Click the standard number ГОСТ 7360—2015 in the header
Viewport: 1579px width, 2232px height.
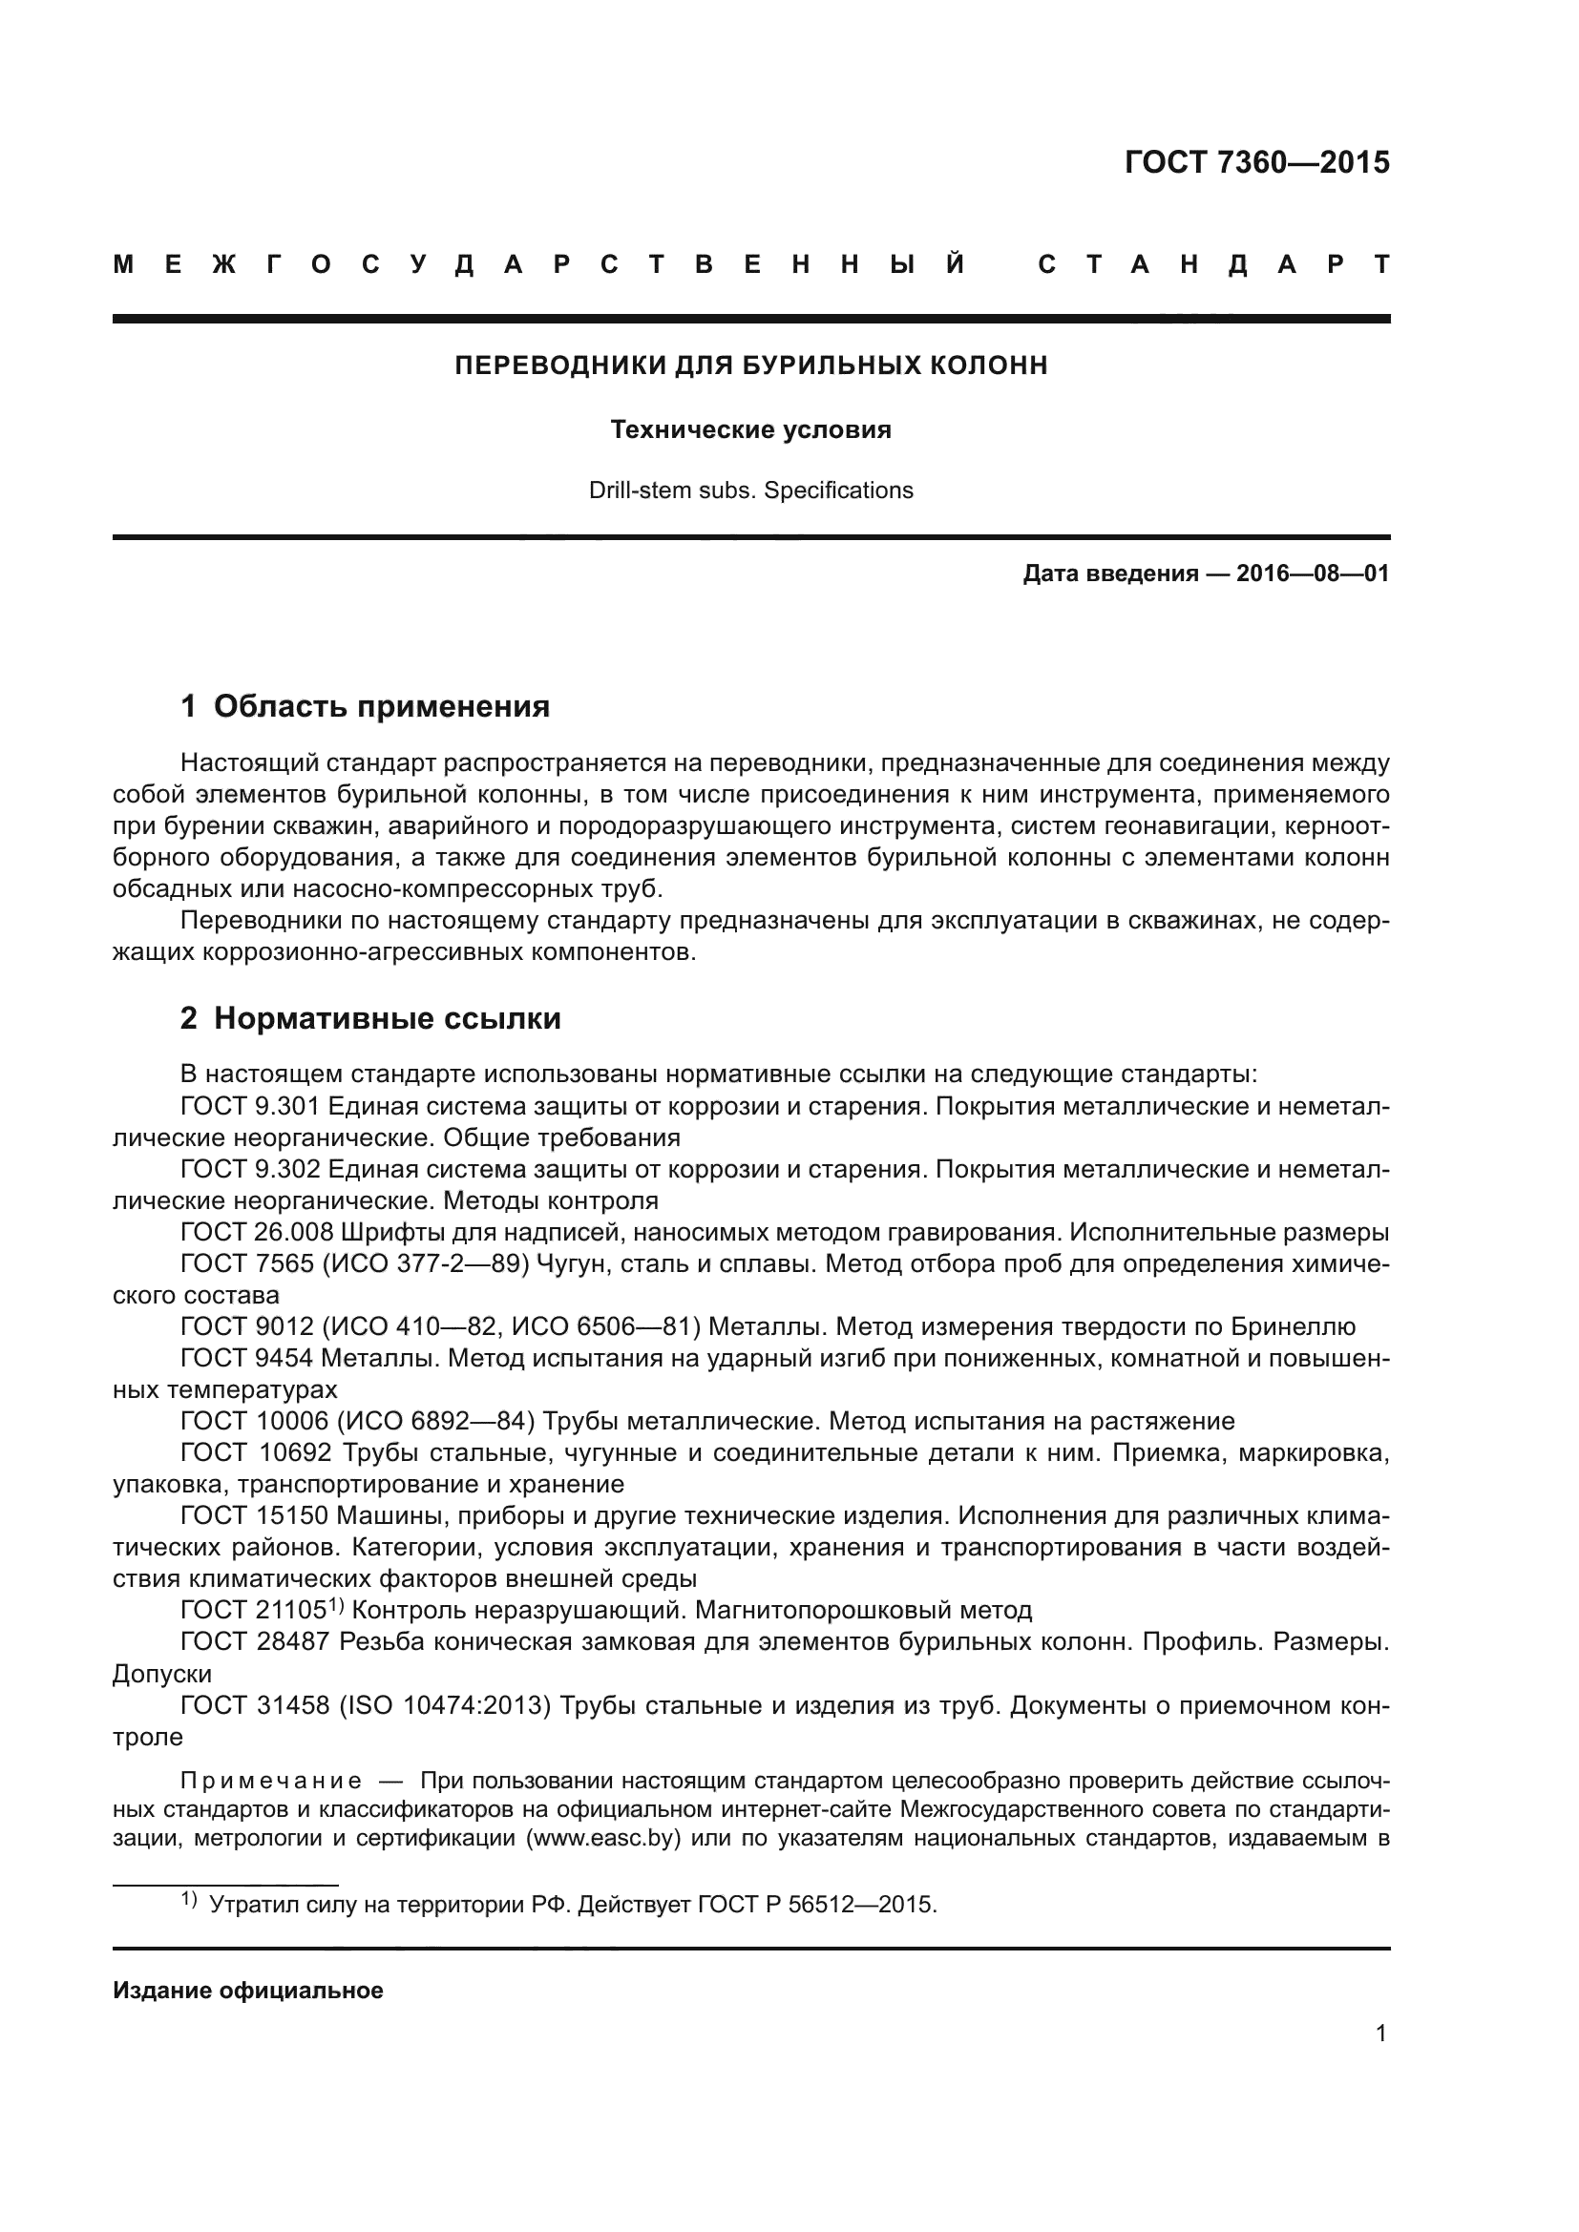point(1256,162)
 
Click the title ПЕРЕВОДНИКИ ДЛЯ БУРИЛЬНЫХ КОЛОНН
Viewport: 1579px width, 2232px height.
point(750,365)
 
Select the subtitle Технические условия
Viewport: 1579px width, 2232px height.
point(750,429)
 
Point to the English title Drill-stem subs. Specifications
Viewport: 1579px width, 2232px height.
point(750,490)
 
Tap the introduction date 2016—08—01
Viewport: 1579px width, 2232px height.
point(1313,574)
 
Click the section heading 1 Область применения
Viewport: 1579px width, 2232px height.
point(366,706)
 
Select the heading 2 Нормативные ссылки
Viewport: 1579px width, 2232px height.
point(370,1019)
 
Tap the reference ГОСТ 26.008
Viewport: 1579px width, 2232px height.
point(258,1233)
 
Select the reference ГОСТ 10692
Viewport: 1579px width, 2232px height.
point(257,1453)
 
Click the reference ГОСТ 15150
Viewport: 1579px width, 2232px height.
point(257,1516)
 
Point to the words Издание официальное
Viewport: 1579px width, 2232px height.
point(248,1990)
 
